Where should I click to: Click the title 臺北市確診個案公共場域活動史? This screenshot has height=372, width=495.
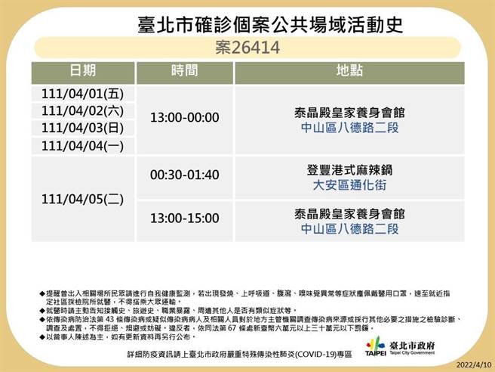(x=260, y=24)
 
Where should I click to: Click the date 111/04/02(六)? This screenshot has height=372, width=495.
(x=83, y=111)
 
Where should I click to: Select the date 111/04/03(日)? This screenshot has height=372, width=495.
(x=83, y=129)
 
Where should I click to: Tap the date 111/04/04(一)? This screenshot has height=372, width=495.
(x=83, y=146)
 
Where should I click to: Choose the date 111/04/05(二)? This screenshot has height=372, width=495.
(x=83, y=200)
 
